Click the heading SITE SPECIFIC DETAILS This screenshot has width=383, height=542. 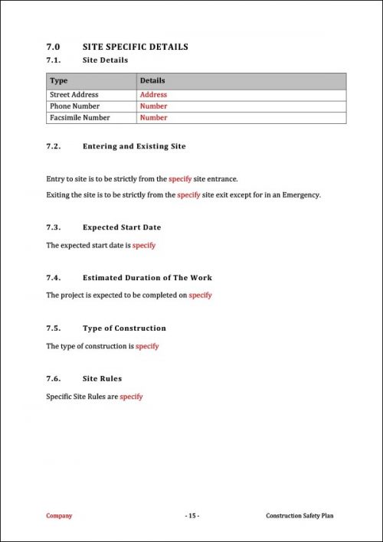(x=135, y=47)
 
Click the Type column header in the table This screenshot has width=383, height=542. (x=58, y=80)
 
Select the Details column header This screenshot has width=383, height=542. (x=152, y=80)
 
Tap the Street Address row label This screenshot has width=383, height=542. (x=74, y=95)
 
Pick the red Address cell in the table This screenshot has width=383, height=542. (x=153, y=95)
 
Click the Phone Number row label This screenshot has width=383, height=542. (x=73, y=106)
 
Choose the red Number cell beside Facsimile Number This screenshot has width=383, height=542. (x=153, y=118)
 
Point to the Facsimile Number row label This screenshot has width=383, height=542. (x=80, y=118)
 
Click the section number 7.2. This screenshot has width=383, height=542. (x=54, y=146)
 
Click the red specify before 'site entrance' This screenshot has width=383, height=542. (x=179, y=178)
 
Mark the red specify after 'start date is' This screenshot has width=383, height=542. (x=144, y=245)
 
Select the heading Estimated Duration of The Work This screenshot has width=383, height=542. (x=147, y=278)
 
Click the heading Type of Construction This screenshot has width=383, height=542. (x=124, y=328)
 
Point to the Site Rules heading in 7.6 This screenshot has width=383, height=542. (x=102, y=378)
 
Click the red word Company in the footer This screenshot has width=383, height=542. (x=59, y=516)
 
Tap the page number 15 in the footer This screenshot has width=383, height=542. (x=191, y=516)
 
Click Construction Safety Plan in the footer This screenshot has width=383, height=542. (x=300, y=516)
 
